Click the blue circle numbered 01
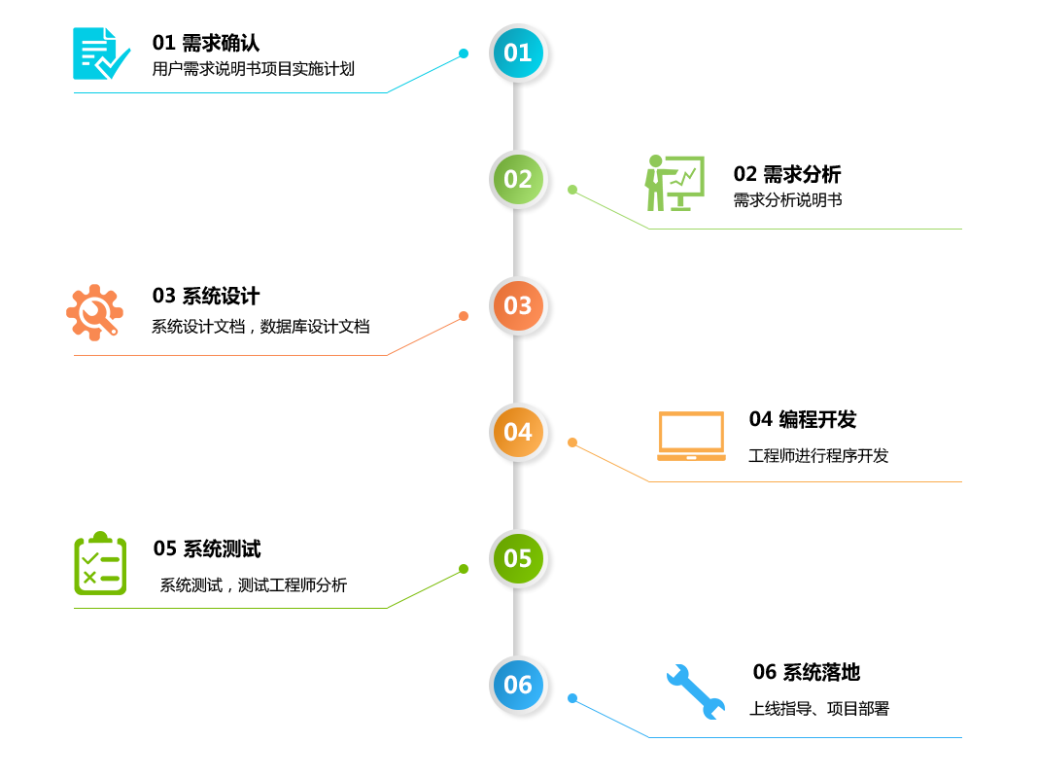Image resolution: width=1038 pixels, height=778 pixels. click(518, 53)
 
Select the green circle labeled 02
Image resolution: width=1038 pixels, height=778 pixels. click(518, 179)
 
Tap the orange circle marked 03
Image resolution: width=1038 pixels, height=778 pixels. click(518, 305)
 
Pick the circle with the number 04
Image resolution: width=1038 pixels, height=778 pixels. click(518, 432)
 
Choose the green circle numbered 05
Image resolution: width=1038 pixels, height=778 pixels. click(518, 558)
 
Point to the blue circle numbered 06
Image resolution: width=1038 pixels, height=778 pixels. click(518, 685)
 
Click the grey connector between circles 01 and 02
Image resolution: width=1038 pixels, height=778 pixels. click(518, 116)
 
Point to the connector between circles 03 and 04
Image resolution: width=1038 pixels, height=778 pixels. click(518, 369)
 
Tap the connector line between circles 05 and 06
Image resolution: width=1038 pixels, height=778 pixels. click(518, 621)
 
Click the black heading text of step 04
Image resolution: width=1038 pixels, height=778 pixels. click(803, 419)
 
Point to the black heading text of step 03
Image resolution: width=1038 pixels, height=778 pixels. click(206, 296)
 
